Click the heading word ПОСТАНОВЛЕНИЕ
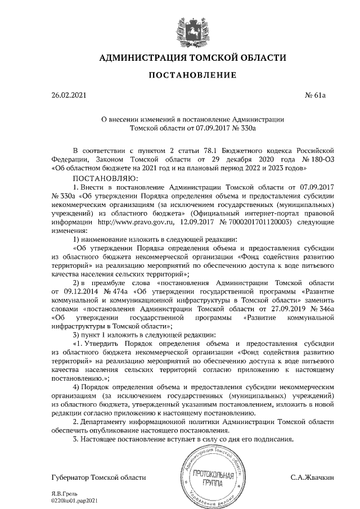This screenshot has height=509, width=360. pos(184,75)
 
